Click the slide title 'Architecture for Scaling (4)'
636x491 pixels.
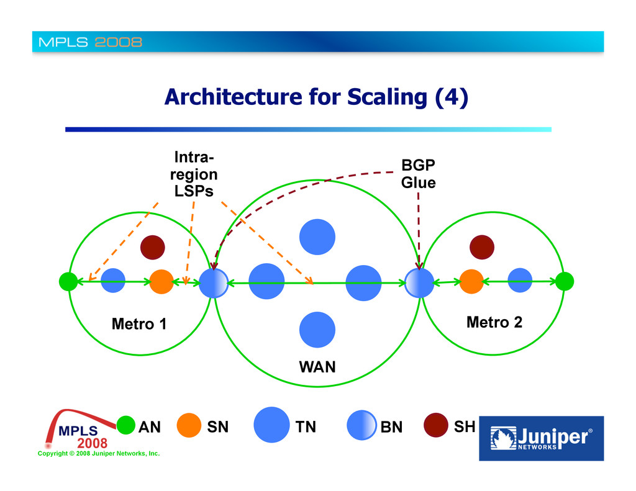(x=316, y=97)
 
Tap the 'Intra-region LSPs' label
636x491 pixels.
(x=194, y=174)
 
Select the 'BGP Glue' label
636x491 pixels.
(x=418, y=174)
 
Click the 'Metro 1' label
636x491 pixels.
(x=139, y=323)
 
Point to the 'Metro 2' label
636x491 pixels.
(x=494, y=322)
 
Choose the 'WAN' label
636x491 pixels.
(x=317, y=366)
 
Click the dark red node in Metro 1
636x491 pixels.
(x=152, y=248)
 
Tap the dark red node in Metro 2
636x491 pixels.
(x=481, y=247)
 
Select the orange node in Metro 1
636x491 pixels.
(x=161, y=281)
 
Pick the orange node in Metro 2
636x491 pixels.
(x=471, y=281)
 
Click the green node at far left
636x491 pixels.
(x=68, y=282)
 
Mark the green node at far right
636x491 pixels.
(x=564, y=281)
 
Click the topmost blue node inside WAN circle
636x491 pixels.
(x=317, y=236)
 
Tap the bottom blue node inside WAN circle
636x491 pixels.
(x=317, y=329)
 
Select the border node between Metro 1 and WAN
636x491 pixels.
(x=213, y=283)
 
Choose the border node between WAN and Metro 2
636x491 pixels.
(x=419, y=282)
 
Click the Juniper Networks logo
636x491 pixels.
(x=540, y=438)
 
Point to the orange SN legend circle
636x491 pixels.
(x=189, y=426)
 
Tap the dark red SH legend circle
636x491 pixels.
(x=436, y=426)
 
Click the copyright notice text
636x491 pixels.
(x=99, y=454)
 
